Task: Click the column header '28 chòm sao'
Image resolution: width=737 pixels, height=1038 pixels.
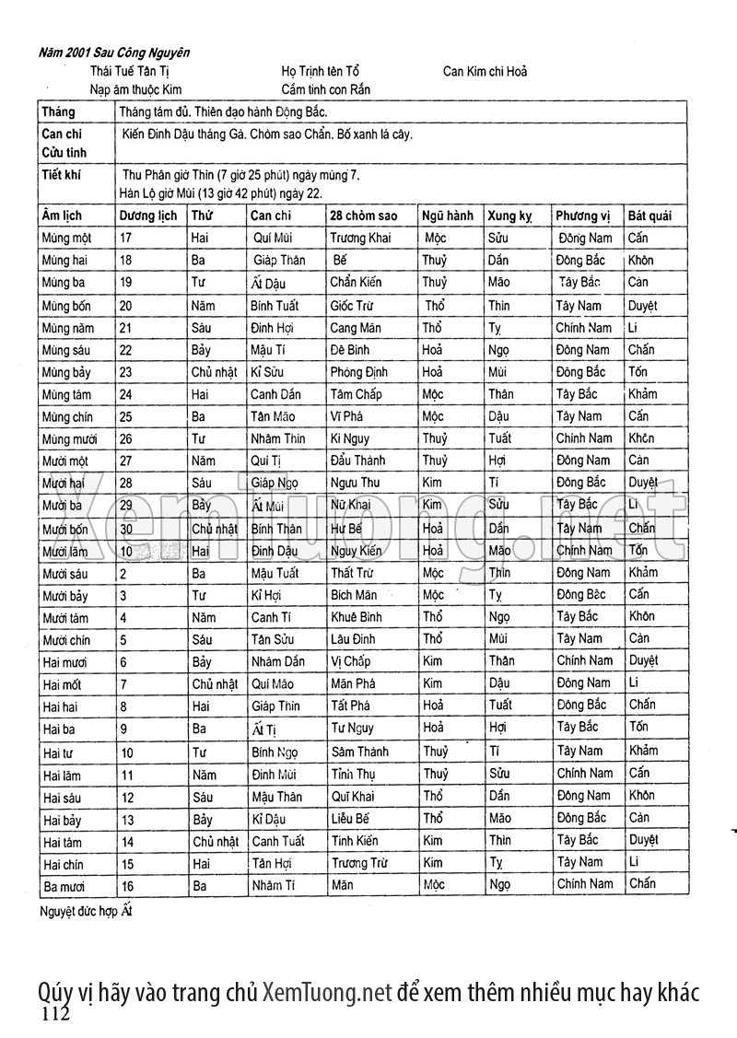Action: coord(364,216)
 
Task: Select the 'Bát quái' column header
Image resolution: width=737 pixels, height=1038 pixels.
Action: coord(649,216)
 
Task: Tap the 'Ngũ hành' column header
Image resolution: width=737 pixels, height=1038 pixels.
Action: coord(448,216)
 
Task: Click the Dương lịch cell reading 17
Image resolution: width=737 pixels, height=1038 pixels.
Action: coord(127,238)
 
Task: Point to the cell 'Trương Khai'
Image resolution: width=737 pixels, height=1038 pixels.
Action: coord(360,238)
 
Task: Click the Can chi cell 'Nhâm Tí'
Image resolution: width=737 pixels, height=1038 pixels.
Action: coord(273,884)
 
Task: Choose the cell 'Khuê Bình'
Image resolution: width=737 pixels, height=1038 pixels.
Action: coord(356,617)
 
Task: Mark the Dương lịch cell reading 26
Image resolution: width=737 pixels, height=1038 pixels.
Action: coord(127,438)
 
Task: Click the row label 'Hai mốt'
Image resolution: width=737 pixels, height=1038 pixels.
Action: coord(63,684)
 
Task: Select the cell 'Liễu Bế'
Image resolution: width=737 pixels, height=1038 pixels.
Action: coord(350,818)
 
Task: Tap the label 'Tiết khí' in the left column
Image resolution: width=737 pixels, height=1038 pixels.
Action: coord(62,174)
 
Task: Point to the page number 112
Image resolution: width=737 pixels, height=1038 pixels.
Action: coord(55,1014)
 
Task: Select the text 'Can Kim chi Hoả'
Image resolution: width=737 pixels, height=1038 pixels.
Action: coord(485,71)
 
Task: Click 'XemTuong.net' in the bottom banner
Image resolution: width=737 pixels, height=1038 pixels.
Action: coord(328,992)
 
